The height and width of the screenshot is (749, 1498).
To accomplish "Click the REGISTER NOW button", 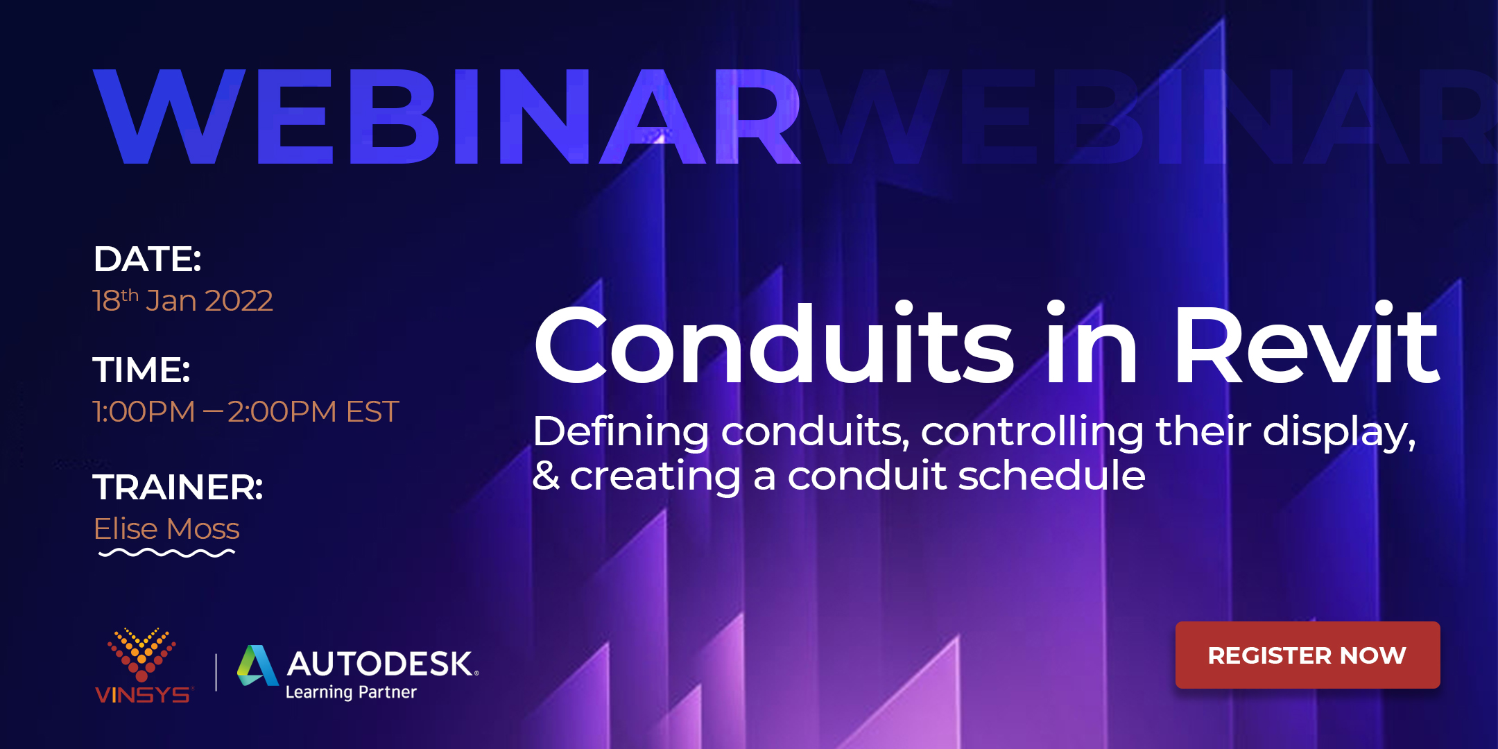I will coord(1307,655).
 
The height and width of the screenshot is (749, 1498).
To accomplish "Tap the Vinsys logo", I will coord(142,666).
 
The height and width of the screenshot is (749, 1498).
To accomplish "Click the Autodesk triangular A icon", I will coord(257,666).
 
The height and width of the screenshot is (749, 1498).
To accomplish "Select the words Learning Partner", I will coord(351,692).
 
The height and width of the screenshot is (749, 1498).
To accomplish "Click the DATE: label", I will coord(147,259).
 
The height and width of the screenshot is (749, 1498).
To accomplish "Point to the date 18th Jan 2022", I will coord(183,301).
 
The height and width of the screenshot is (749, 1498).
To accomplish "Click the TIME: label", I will coord(141,370).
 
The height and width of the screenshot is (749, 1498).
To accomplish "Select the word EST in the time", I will coord(372,412).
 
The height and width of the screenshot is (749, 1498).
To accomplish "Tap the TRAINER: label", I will coord(178,487).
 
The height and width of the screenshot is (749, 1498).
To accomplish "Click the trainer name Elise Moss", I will coord(166,529).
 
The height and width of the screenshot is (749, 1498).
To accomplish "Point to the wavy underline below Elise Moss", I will coord(166,553).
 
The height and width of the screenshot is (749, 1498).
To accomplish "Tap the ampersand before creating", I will coord(546,476).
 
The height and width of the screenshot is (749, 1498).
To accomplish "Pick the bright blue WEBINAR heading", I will coord(447,117).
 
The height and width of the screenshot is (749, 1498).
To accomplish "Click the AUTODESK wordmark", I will coord(381,664).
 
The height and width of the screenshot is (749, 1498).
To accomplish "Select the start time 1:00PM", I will coord(144,412).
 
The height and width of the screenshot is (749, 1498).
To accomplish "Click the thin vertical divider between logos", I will coord(216,672).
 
